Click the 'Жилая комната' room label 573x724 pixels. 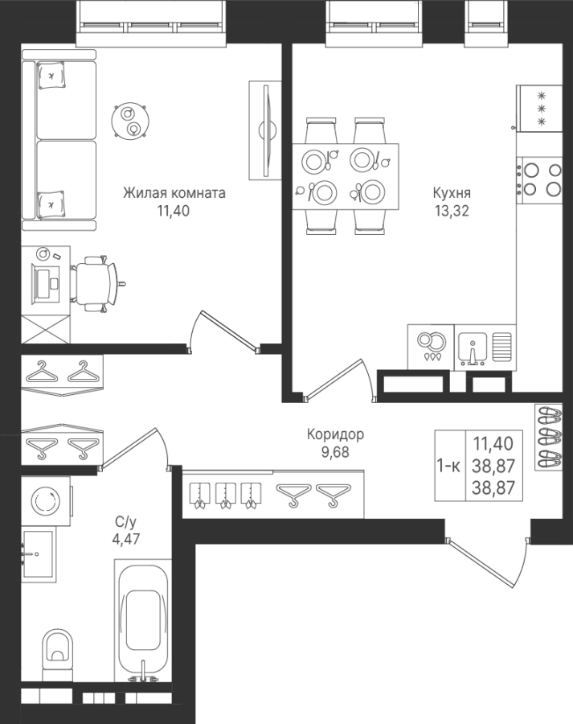coord(174,192)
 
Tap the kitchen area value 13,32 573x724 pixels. coord(451,211)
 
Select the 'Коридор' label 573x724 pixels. coord(335,434)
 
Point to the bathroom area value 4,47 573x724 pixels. coord(126,539)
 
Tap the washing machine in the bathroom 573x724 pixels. coord(46,501)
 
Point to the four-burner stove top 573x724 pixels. coord(539,180)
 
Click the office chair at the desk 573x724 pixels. coord(98,282)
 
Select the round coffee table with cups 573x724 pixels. coord(130,121)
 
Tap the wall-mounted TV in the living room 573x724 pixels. coord(266,130)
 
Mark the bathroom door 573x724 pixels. coord(133,448)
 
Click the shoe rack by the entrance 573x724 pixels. coord(549,438)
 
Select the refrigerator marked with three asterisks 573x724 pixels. coord(539,109)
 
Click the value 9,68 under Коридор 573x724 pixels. coord(335,452)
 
